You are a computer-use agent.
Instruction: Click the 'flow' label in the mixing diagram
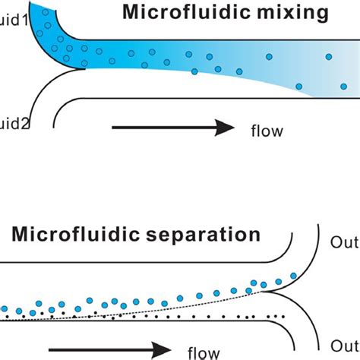tap(267, 130)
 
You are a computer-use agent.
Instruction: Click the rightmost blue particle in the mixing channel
tap(330, 57)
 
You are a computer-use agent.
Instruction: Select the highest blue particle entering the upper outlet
tap(294, 276)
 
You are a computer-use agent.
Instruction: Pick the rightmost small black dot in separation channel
tap(284, 315)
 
